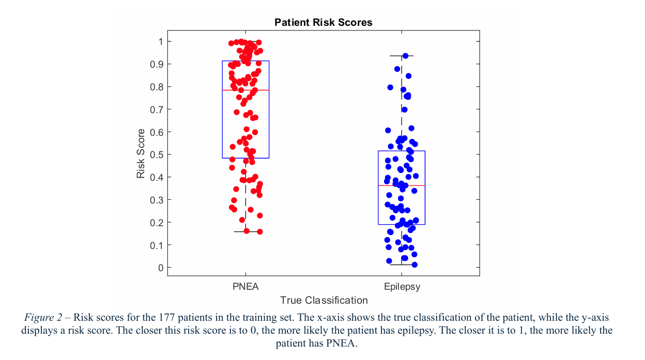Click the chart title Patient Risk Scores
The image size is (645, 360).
pyautogui.click(x=323, y=22)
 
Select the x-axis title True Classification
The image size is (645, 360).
pyautogui.click(x=324, y=300)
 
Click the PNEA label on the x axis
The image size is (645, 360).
pyautogui.click(x=245, y=287)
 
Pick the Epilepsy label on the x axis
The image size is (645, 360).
pyautogui.click(x=402, y=287)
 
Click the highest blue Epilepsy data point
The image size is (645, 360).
pyautogui.click(x=406, y=56)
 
